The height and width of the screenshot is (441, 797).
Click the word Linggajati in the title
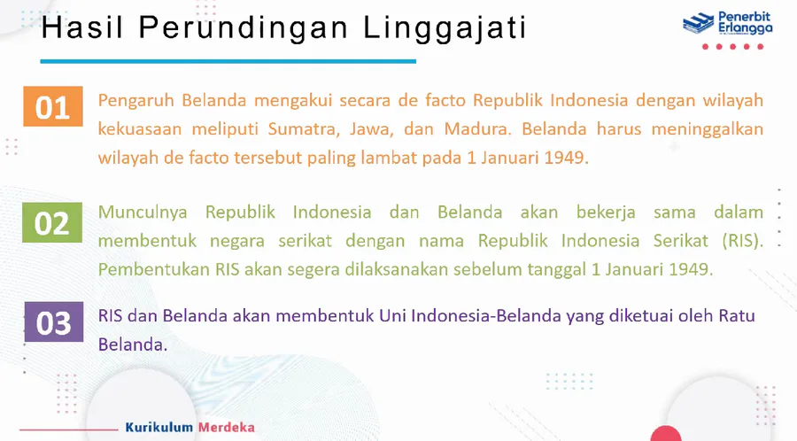[x=445, y=27]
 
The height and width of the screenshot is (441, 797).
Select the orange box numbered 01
[x=53, y=106]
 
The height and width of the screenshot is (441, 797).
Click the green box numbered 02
[x=52, y=222]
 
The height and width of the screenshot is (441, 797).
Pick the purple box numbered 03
[x=54, y=321]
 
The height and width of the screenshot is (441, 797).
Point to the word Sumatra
[x=304, y=129]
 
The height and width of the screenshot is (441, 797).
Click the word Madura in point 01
[x=477, y=129]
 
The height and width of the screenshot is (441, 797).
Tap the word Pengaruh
[x=135, y=101]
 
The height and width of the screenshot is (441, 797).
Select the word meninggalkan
[x=707, y=129]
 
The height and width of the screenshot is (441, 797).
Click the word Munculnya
[x=143, y=213]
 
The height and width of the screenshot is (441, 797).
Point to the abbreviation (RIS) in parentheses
[x=743, y=240]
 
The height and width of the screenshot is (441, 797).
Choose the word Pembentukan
[x=153, y=269]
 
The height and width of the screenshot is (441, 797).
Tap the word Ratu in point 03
[x=737, y=315]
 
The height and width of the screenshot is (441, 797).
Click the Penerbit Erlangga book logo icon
[x=698, y=23]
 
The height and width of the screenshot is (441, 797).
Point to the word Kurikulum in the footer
[x=159, y=427]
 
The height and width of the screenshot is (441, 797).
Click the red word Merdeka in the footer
[x=226, y=427]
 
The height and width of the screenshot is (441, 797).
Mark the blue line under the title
[x=228, y=61]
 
